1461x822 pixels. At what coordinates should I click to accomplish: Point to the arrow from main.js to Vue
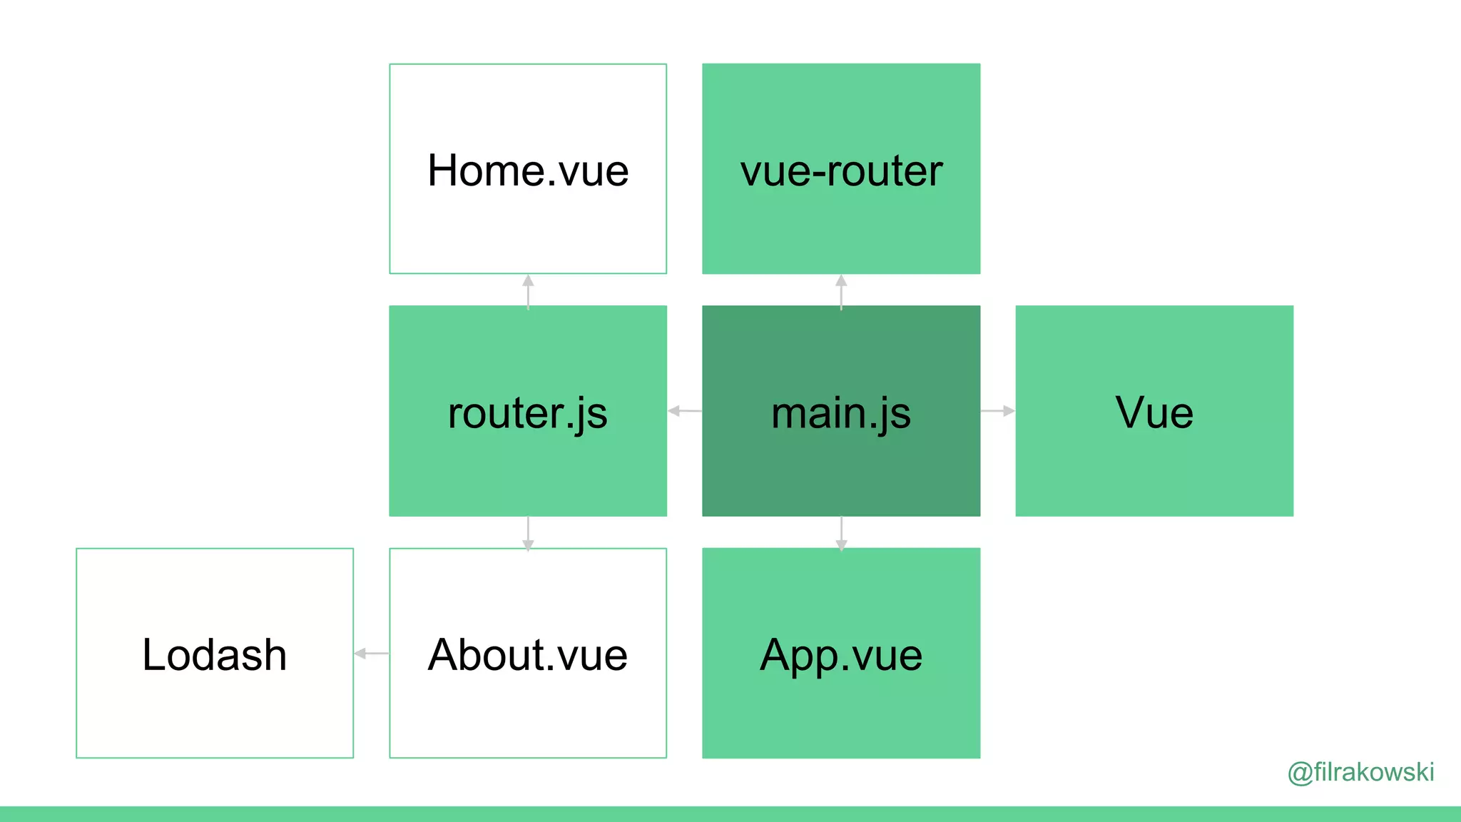pyautogui.click(x=998, y=411)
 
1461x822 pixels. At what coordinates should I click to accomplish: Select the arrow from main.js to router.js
pyautogui.click(x=685, y=411)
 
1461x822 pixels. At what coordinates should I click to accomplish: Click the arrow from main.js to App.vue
pyautogui.click(x=841, y=533)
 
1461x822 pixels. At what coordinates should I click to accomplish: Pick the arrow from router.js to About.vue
pyautogui.click(x=528, y=533)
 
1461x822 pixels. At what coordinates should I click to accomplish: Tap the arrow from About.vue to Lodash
pyautogui.click(x=372, y=653)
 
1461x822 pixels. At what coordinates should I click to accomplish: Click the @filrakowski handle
pyautogui.click(x=1360, y=772)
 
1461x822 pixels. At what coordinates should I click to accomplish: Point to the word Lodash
pyautogui.click(x=215, y=654)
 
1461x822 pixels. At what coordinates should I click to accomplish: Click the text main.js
pyautogui.click(x=841, y=413)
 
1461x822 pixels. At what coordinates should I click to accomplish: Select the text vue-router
pyautogui.click(x=841, y=171)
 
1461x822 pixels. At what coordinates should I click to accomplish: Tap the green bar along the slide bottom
pyautogui.click(x=730, y=814)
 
